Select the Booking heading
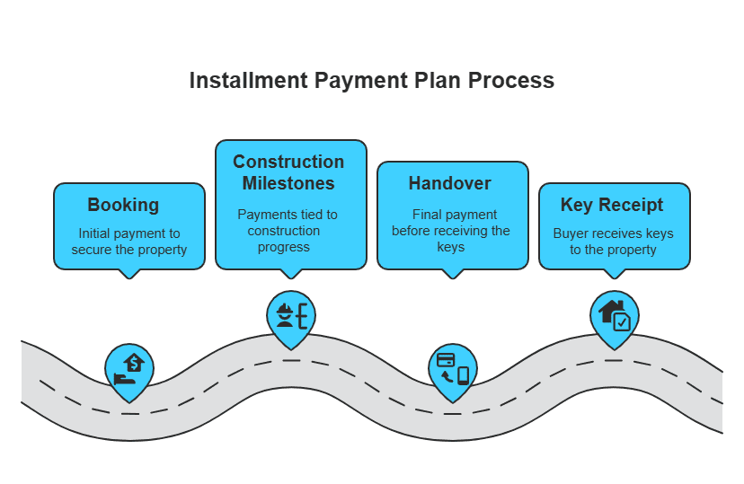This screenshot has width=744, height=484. pos(123,205)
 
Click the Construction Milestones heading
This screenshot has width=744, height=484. pos(288,172)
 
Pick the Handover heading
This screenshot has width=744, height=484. pos(450,183)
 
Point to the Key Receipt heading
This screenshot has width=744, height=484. pos(612,205)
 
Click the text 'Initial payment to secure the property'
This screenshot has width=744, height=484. pos(129,241)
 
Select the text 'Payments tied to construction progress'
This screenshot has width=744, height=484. pos(288,231)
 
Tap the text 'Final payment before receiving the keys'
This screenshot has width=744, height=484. pos(451,231)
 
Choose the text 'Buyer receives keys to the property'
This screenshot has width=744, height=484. pos(613,241)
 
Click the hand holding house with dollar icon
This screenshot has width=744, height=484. pos(129,368)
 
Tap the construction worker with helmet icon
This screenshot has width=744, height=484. pos(291,315)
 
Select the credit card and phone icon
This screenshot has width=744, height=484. pos(453,368)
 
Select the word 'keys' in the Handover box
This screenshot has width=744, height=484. pos(451,247)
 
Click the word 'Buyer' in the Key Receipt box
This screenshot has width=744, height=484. pos(571,233)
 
